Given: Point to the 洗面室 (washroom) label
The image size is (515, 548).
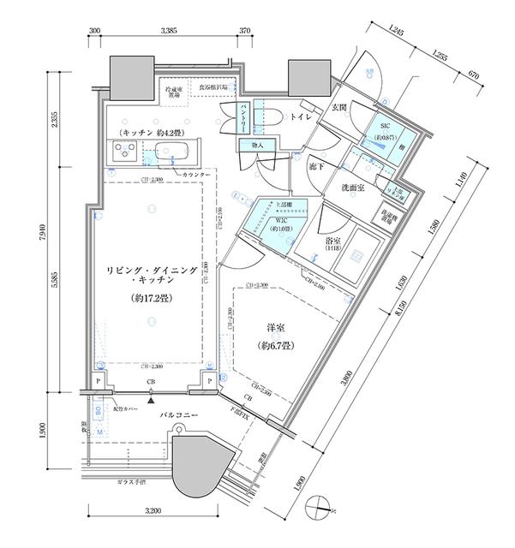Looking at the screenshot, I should point(353,188).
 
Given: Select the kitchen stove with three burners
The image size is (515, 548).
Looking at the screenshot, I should point(123,154).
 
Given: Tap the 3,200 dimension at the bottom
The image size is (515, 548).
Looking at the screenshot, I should point(152,511).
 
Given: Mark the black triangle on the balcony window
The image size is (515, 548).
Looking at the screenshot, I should point(151,398).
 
